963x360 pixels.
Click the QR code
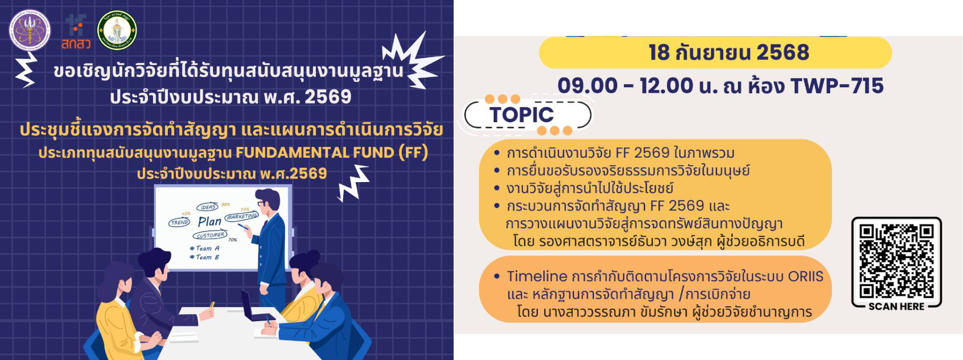pos(896,261)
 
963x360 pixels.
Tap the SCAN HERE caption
pos(896,306)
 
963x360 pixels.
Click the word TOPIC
pos(522,115)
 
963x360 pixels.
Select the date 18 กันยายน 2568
pos(729,52)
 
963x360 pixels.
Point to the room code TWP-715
pos(837,86)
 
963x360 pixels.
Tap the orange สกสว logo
pos(76,32)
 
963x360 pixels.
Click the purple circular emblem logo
pos(30,30)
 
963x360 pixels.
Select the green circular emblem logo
pos(117,30)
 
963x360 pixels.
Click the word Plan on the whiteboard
pos(209,222)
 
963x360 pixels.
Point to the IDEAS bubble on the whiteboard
pos(207,207)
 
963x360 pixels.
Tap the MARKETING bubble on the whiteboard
pos(242,217)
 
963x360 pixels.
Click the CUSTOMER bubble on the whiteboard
pos(210,235)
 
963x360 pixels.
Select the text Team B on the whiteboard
pos(204,257)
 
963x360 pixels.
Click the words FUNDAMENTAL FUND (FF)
pos(332,152)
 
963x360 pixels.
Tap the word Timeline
pos(537,276)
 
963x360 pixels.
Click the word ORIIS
pos(805,276)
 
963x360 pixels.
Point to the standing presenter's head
pos(268,201)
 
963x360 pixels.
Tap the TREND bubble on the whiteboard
pos(179,222)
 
